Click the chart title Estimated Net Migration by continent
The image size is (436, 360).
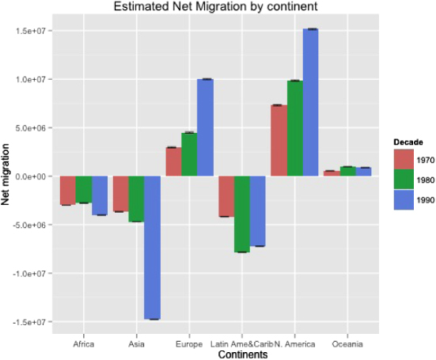pos(218,7)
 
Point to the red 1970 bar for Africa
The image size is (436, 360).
pos(68,191)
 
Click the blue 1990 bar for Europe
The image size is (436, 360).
pos(205,127)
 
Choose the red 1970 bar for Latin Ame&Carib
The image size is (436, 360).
pos(226,196)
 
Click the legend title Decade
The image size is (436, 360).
pos(408,142)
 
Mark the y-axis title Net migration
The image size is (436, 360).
pos(6,176)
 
